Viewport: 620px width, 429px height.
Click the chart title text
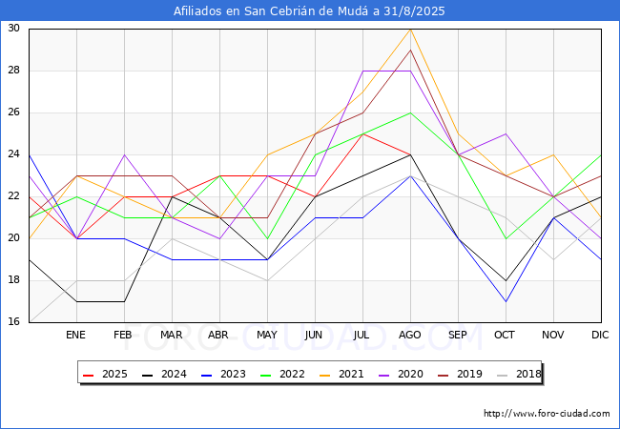pyautogui.click(x=309, y=11)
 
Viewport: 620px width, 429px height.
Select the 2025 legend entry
pyautogui.click(x=105, y=374)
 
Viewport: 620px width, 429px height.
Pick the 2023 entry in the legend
pyautogui.click(x=223, y=374)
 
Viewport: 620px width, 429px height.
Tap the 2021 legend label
pyautogui.click(x=341, y=374)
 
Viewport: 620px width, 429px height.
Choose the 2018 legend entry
pyautogui.click(x=519, y=374)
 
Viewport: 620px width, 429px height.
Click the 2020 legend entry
pyautogui.click(x=401, y=374)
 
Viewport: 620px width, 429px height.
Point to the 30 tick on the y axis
pyautogui.click(x=13, y=28)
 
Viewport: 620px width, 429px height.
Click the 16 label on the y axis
pyautogui.click(x=13, y=321)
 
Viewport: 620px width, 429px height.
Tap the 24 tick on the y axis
pyautogui.click(x=13, y=154)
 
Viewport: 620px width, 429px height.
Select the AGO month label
pyautogui.click(x=410, y=335)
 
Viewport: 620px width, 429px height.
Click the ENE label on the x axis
pyautogui.click(x=75, y=335)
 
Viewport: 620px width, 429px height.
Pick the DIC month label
pyautogui.click(x=600, y=335)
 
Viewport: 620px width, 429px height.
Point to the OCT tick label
pyautogui.click(x=505, y=335)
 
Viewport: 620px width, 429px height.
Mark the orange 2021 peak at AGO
pyautogui.click(x=411, y=30)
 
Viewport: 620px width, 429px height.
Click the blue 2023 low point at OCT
pyautogui.click(x=506, y=302)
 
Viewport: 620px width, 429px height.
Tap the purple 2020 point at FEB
pyautogui.click(x=125, y=154)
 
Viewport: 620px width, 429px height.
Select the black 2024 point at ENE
pyautogui.click(x=76, y=302)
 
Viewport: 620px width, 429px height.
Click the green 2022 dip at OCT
pyautogui.click(x=506, y=238)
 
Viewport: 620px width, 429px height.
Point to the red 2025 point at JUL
pyautogui.click(x=363, y=133)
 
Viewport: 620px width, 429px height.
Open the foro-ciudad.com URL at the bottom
pyautogui.click(x=547, y=414)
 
